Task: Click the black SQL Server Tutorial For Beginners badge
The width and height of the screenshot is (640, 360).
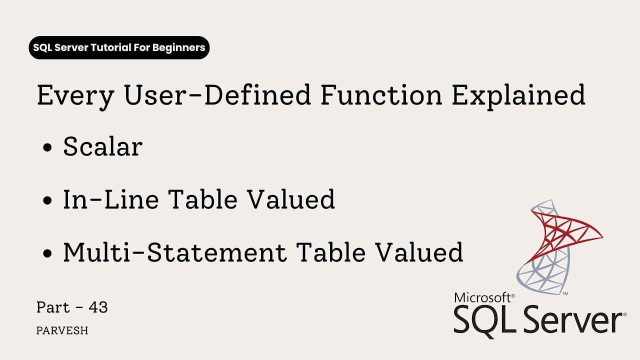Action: coord(119,48)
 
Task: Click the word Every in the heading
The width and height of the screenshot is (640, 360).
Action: coord(75,96)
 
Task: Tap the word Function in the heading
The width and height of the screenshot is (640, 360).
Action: coord(381,95)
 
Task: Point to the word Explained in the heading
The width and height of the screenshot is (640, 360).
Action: coord(518,96)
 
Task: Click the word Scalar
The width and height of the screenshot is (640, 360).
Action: coord(102,147)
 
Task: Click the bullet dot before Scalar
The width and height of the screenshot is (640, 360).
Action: coord(48,148)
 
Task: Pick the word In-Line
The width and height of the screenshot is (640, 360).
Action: coord(110,199)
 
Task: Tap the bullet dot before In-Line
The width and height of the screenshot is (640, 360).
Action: coord(48,201)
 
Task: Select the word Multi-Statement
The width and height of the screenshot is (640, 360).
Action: coord(175,252)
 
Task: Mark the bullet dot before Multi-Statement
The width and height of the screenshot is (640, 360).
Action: coord(48,253)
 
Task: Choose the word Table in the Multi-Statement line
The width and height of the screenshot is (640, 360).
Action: coord(332,252)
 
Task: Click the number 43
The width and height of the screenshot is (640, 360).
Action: coord(98,307)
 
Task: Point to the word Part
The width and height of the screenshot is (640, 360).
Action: coord(53,307)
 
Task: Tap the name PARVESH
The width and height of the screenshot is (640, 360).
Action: coord(62,331)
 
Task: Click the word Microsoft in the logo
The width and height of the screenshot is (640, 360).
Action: coord(482,298)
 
